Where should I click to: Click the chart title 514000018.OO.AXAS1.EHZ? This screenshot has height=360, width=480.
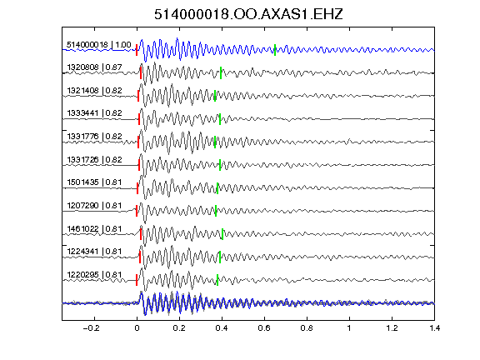click(248, 14)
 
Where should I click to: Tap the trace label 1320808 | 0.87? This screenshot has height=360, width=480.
click(94, 67)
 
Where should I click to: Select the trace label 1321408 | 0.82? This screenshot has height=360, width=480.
click(94, 90)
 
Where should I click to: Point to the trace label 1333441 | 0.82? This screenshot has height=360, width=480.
click(94, 113)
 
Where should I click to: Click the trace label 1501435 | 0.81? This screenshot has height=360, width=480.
click(94, 182)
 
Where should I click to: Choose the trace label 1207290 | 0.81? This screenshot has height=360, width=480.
click(94, 205)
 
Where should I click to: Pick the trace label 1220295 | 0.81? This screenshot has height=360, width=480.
click(94, 275)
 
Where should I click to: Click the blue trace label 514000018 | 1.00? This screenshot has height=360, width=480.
click(99, 45)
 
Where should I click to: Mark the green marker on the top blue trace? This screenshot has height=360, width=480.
click(275, 50)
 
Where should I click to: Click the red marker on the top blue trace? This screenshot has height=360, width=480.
click(137, 50)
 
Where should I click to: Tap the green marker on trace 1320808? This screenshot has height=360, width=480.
click(221, 73)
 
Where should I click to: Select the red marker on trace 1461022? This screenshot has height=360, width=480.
click(141, 234)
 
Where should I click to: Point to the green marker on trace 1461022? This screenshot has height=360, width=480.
click(222, 234)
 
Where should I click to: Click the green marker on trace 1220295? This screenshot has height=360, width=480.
click(217, 280)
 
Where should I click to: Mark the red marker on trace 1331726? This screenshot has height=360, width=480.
click(139, 165)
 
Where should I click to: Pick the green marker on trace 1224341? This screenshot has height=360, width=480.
click(220, 257)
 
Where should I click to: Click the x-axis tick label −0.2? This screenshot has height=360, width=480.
click(92, 328)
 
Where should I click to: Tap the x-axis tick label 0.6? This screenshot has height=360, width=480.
click(264, 328)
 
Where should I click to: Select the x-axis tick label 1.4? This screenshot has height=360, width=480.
click(435, 328)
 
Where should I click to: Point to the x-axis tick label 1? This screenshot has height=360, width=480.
click(349, 328)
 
